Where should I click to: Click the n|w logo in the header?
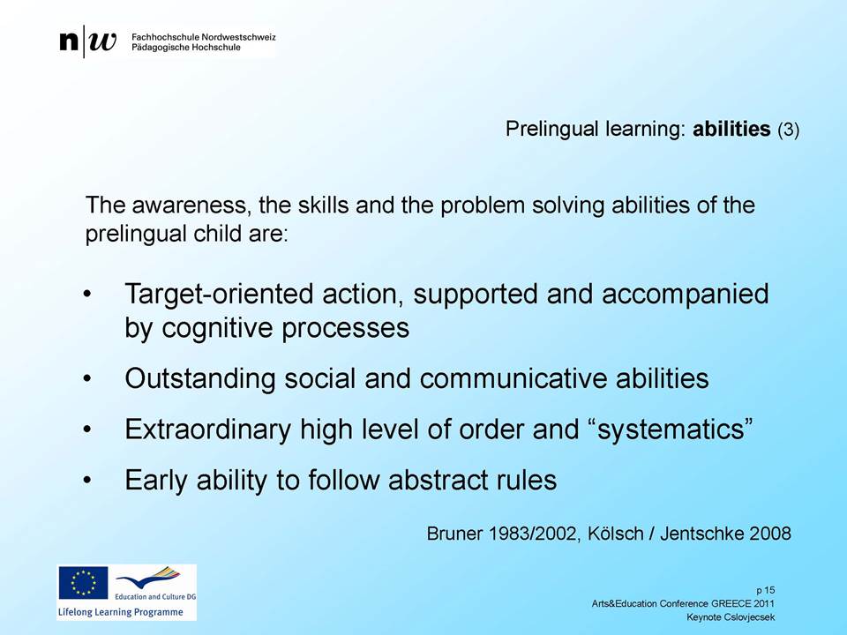click(87, 41)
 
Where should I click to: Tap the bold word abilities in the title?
click(731, 129)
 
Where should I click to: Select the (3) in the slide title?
click(788, 131)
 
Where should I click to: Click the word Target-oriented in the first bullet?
click(220, 295)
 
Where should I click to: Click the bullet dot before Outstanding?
click(87, 379)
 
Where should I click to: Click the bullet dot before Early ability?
click(87, 481)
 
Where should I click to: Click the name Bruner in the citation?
click(454, 534)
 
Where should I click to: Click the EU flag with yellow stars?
click(83, 583)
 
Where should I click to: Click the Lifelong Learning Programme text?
click(121, 612)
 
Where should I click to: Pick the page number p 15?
click(766, 590)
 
